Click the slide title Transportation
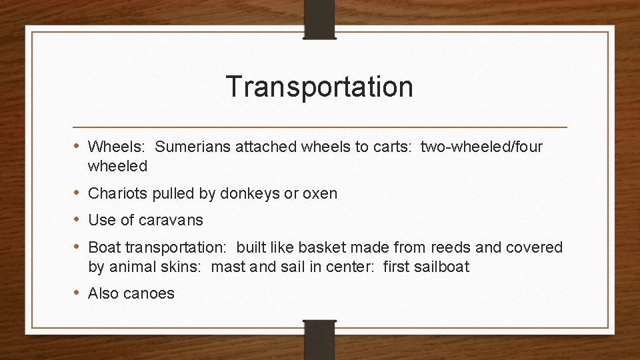[x=319, y=87]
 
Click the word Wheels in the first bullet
[x=111, y=146]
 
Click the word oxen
[x=320, y=194]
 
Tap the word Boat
[x=103, y=247]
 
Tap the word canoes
[x=149, y=293]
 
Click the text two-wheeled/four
[x=482, y=146]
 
